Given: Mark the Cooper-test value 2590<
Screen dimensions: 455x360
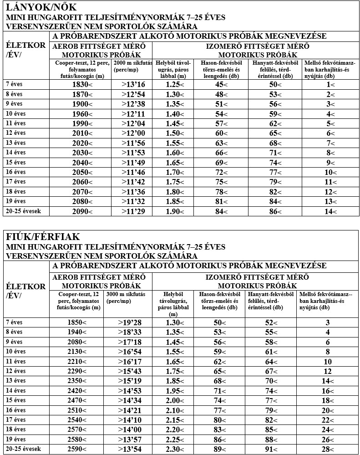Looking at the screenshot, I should tap(77, 450).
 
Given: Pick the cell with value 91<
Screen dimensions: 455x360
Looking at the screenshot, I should tap(271, 450).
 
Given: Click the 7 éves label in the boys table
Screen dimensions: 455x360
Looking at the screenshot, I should tap(14, 322).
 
